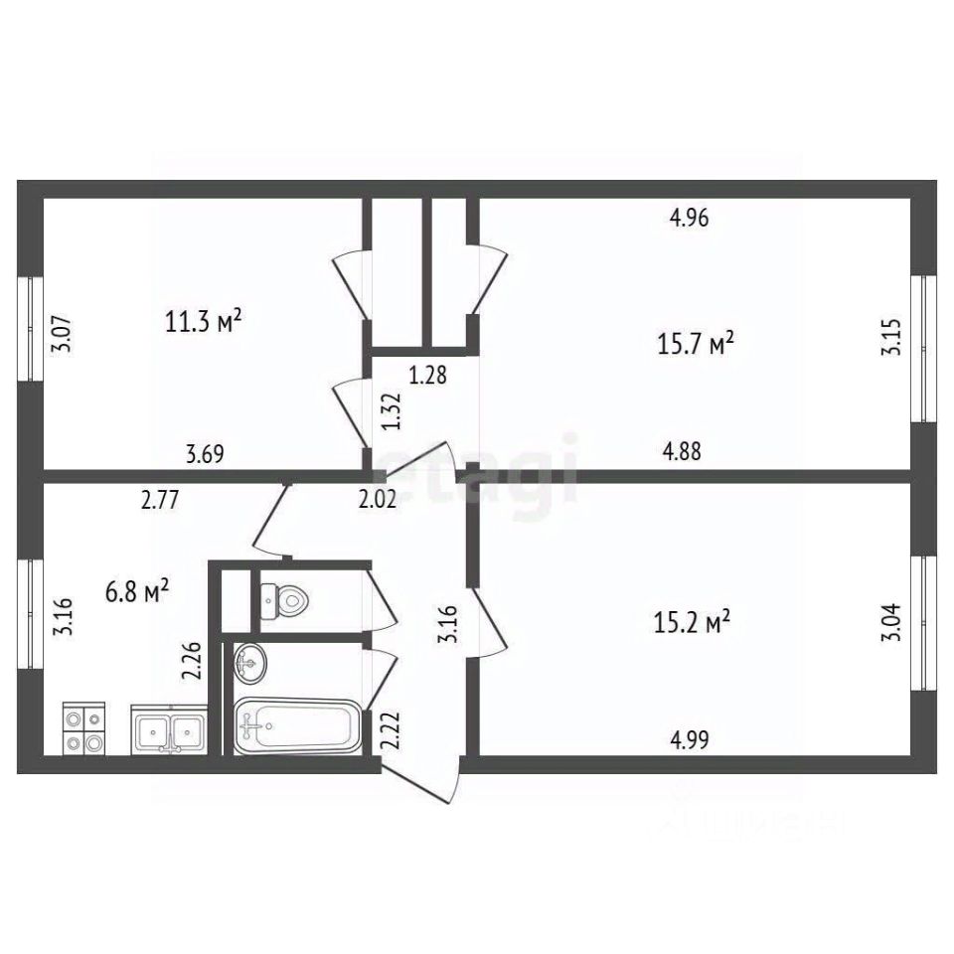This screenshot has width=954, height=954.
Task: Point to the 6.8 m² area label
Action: [137, 592]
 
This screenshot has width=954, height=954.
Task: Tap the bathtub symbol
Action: [294, 727]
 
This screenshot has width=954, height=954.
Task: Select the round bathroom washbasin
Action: [250, 663]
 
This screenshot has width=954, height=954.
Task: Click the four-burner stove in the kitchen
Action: [83, 729]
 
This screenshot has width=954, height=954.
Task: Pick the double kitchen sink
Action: [169, 731]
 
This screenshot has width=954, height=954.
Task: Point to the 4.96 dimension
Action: [689, 219]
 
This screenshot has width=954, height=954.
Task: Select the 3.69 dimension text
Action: [205, 455]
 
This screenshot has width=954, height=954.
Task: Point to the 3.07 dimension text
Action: [62, 332]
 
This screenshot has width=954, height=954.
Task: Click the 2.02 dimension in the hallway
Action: [378, 501]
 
